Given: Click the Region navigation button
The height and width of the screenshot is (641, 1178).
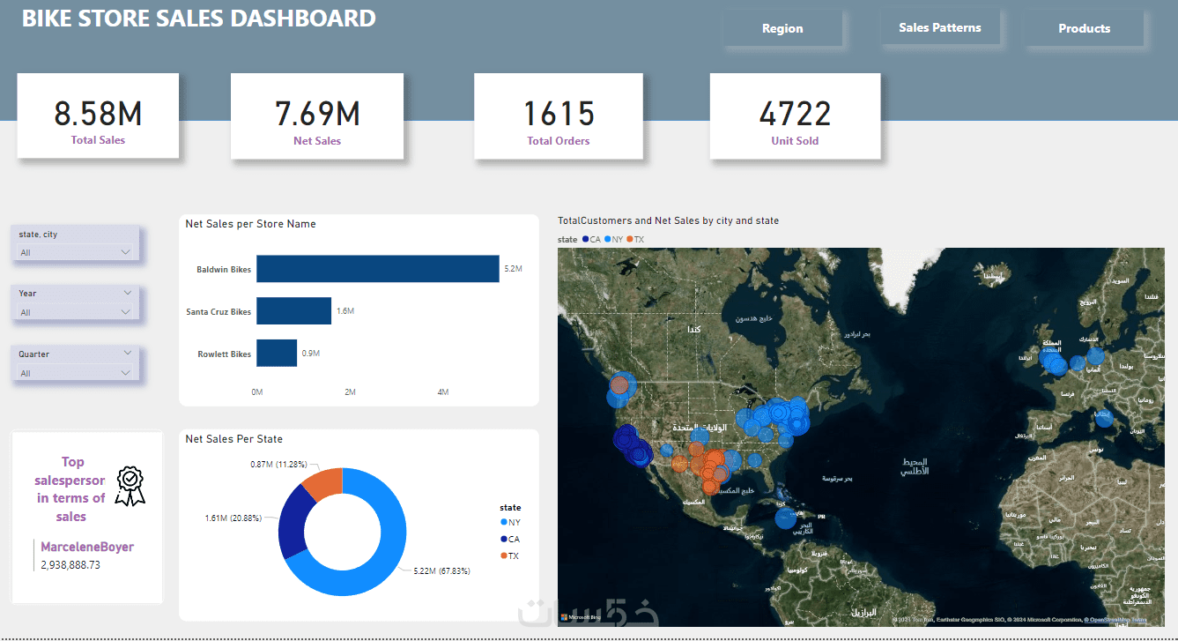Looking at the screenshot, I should pyautogui.click(x=782, y=29).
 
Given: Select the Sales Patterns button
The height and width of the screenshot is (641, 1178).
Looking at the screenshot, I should pyautogui.click(x=939, y=28).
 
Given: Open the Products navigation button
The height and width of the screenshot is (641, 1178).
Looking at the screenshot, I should pyautogui.click(x=1084, y=29).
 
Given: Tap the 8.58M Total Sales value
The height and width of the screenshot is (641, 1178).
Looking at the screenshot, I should pyautogui.click(x=98, y=114).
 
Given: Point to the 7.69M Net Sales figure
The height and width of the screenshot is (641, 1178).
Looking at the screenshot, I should pyautogui.click(x=317, y=114).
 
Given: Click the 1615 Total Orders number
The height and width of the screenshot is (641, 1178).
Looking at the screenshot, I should pyautogui.click(x=559, y=114).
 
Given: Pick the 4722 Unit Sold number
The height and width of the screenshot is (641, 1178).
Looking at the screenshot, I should pyautogui.click(x=795, y=114).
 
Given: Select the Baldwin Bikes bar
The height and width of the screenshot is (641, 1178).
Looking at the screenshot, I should pyautogui.click(x=377, y=269).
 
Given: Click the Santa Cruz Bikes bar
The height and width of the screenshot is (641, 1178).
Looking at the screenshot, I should pyautogui.click(x=293, y=311).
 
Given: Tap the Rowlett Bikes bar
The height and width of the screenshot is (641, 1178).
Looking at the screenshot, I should pyautogui.click(x=277, y=354).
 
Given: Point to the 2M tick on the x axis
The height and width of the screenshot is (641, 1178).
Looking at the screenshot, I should pyautogui.click(x=350, y=392).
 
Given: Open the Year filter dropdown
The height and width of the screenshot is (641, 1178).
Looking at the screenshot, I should pyautogui.click(x=76, y=312).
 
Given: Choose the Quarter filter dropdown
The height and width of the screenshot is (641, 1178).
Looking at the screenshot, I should pyautogui.click(x=76, y=373).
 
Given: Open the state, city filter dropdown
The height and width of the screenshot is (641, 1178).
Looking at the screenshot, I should pyautogui.click(x=76, y=252).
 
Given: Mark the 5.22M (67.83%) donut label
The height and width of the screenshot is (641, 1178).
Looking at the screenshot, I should pyautogui.click(x=441, y=571).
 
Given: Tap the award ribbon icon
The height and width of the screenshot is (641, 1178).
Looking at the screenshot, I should pyautogui.click(x=130, y=486).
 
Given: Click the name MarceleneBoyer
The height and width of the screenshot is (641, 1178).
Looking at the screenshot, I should pyautogui.click(x=87, y=547).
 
